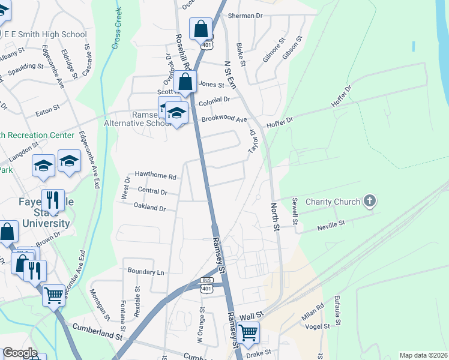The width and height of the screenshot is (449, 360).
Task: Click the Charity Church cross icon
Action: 370,202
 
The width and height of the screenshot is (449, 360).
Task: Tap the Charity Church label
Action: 333,202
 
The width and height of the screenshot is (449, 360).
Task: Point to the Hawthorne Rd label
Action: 155,176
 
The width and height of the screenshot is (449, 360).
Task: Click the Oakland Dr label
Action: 150,208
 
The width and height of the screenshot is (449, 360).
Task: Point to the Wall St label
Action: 252,315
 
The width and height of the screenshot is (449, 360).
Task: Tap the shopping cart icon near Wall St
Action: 247,332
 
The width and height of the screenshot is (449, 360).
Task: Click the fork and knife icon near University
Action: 53,199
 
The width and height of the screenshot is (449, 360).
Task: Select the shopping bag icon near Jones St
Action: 185,82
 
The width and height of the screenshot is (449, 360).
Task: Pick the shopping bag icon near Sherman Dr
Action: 200,28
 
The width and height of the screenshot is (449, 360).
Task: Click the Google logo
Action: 19,353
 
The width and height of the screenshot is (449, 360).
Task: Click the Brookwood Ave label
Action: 224,120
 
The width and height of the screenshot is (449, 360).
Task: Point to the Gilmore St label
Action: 273,50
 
